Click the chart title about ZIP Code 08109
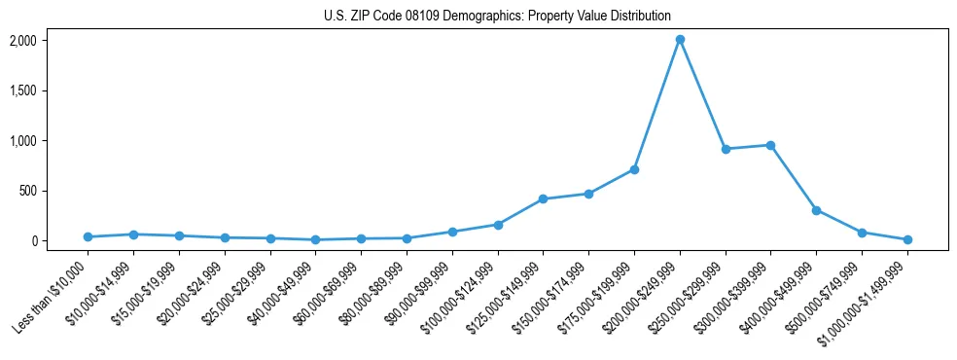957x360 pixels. (497, 16)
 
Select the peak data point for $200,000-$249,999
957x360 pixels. (680, 40)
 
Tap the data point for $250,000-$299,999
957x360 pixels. (726, 149)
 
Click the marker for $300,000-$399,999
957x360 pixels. (770, 145)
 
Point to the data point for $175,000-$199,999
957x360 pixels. (634, 169)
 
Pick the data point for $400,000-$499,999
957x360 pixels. (816, 210)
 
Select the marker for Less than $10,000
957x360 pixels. (88, 236)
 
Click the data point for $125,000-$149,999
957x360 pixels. (543, 198)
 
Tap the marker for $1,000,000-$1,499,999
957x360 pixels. (907, 239)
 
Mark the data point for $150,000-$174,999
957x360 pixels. (588, 194)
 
